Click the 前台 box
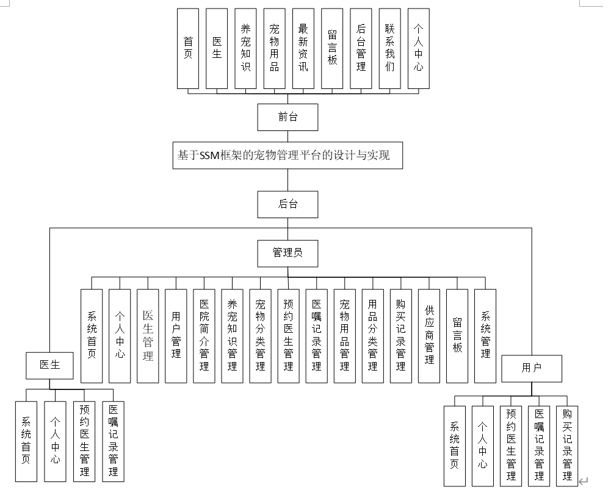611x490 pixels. pyautogui.click(x=287, y=117)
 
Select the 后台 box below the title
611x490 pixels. pyautogui.click(x=287, y=204)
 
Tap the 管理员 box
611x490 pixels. pyautogui.click(x=287, y=252)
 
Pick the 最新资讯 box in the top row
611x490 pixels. pyautogui.click(x=303, y=49)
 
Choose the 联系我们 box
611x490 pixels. pyautogui.click(x=389, y=49)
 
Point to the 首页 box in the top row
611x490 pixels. pyautogui.click(x=188, y=49)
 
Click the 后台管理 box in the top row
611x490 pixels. pyautogui.click(x=361, y=49)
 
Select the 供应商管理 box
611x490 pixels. pyautogui.click(x=429, y=336)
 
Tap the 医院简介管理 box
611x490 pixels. pyautogui.click(x=204, y=336)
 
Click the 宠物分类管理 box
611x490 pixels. pyautogui.click(x=260, y=336)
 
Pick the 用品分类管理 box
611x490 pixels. pyautogui.click(x=372, y=336)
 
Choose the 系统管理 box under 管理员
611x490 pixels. pyautogui.click(x=485, y=336)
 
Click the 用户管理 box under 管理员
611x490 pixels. pyautogui.click(x=176, y=336)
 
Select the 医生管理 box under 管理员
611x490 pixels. pyautogui.click(x=148, y=336)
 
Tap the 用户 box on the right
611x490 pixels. pyautogui.click(x=532, y=368)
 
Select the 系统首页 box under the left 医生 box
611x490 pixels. pyautogui.click(x=27, y=441)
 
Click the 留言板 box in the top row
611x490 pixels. pyautogui.click(x=332, y=49)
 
